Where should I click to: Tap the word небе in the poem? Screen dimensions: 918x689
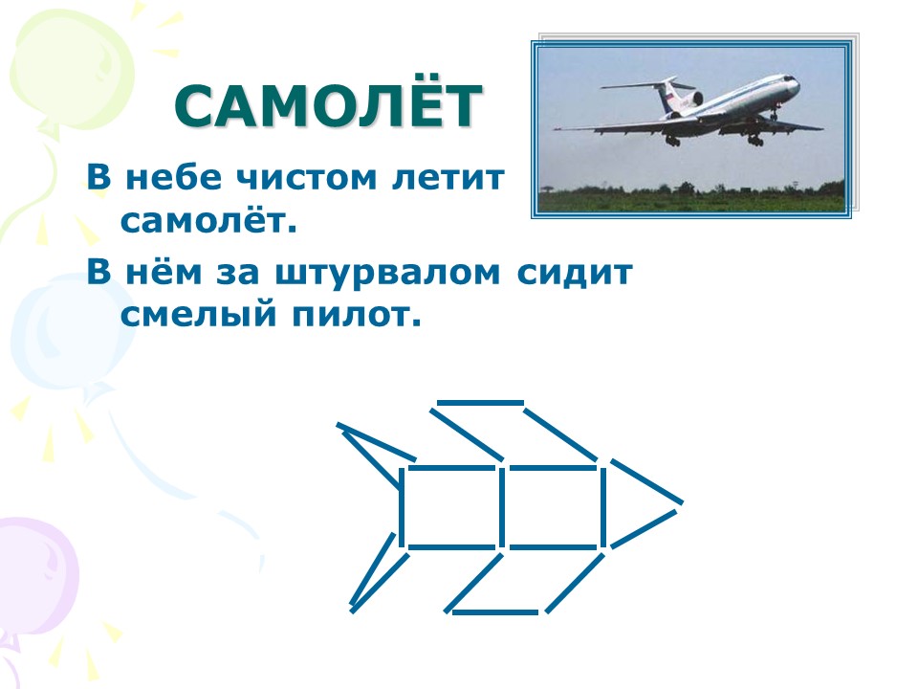tap(174, 177)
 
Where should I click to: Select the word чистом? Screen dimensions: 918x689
tap(306, 178)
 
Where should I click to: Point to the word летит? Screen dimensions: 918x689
tap(448, 178)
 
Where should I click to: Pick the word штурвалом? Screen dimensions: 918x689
tap(388, 274)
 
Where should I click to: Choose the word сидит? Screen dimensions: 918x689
tap(575, 274)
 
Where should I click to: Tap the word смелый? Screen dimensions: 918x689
tap(199, 315)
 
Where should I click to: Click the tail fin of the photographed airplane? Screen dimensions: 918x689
tap(666, 94)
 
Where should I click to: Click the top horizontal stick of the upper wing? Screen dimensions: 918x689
tap(480, 403)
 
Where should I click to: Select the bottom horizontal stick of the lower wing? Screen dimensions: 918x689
tap(495, 612)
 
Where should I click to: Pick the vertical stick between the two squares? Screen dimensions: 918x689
tap(502, 507)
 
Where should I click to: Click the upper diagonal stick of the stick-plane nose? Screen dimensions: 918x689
tap(647, 481)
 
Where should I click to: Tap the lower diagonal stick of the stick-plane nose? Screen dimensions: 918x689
tap(644, 529)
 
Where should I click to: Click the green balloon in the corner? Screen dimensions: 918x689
tap(70, 70)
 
